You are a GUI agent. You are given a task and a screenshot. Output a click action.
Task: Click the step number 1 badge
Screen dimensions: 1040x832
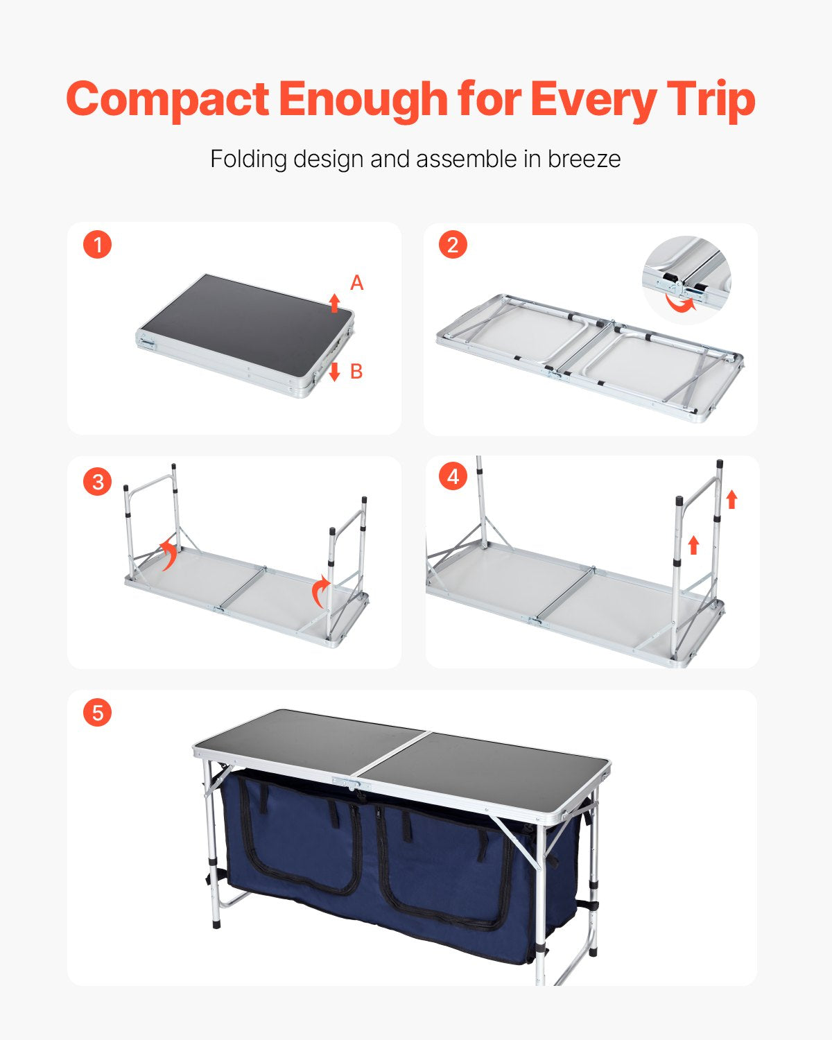pos(97,245)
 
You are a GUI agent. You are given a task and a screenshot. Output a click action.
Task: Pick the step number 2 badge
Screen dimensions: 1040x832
pos(453,245)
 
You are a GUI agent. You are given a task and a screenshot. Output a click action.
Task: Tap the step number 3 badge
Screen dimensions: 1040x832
pos(97,481)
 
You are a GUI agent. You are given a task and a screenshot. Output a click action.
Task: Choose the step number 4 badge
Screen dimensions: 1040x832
pos(453,477)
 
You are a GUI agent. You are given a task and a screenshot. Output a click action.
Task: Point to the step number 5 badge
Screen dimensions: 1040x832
pos(97,713)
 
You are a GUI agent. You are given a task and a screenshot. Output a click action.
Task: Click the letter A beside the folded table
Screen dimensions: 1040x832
pos(356,283)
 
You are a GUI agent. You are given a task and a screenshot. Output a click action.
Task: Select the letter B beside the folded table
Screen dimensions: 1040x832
pos(356,372)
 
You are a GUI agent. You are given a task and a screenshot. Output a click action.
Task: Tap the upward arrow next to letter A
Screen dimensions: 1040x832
pos(334,302)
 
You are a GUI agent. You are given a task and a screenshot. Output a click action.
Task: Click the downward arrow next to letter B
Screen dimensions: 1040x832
pos(334,372)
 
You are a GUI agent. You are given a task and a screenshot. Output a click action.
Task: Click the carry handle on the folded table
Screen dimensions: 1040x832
pos(147,342)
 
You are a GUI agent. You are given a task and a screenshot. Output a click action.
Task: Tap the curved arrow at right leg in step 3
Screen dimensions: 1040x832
pos(320,591)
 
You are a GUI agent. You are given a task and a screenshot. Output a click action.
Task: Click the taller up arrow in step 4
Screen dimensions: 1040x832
pos(731,499)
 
